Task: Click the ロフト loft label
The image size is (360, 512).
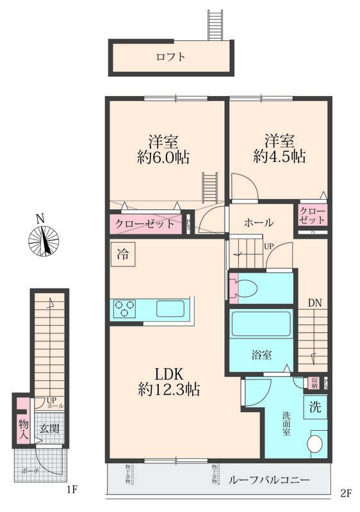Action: tap(171, 57)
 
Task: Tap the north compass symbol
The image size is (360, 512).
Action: tap(44, 241)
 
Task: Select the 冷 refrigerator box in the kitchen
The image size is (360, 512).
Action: tap(122, 253)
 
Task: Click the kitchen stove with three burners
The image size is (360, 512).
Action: tap(124, 309)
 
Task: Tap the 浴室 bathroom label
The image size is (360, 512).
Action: tap(261, 353)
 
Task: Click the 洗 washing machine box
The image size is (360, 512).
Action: tap(315, 405)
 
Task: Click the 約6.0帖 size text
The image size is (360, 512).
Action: tap(164, 156)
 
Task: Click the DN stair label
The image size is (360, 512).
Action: tap(313, 303)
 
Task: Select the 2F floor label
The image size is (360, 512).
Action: tap(346, 493)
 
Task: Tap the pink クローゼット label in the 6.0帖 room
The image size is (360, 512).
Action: tap(145, 224)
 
